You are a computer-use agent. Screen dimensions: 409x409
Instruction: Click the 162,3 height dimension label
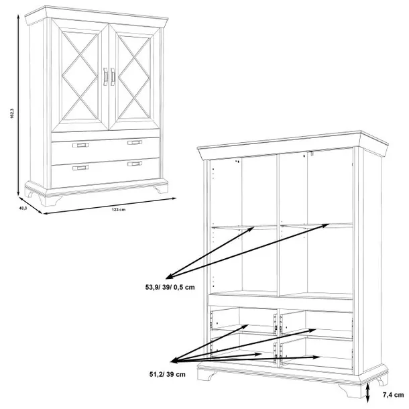[x=12, y=113]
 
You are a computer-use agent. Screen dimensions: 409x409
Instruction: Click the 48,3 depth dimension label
[x=23, y=208]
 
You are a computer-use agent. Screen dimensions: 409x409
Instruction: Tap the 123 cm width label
[x=119, y=209]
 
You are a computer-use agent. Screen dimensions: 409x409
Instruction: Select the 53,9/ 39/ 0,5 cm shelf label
[x=170, y=287]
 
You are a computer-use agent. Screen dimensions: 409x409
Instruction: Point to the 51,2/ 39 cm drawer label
[x=167, y=374]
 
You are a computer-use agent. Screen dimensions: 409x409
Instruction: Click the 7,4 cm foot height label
[x=393, y=395]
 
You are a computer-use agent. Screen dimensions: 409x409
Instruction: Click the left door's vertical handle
[x=105, y=76]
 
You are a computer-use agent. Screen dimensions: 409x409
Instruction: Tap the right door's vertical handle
[x=113, y=76]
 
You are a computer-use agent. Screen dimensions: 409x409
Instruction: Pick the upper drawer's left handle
[x=80, y=145]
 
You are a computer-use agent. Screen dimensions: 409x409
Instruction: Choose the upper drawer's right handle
[x=135, y=142]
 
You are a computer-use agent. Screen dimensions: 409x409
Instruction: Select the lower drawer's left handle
[x=80, y=168]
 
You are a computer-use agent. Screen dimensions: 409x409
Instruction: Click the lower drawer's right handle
[x=135, y=164]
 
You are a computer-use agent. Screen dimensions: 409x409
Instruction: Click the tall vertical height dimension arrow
[x=18, y=105]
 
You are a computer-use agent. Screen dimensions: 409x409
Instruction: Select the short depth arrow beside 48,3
[x=30, y=206]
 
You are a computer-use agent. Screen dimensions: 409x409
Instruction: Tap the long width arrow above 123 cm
[x=109, y=206]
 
